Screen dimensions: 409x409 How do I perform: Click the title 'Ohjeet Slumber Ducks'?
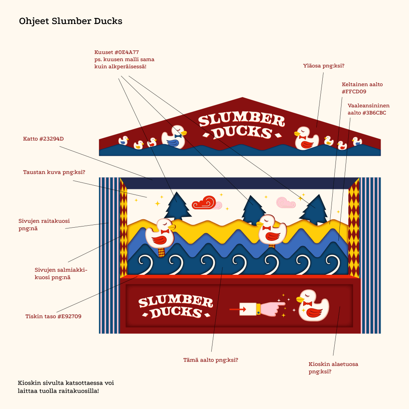pos(71,21)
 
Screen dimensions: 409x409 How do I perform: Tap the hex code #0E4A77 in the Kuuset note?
pos(127,52)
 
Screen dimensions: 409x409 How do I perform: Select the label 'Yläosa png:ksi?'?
pos(324,66)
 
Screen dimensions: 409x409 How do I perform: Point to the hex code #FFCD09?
pos(354,91)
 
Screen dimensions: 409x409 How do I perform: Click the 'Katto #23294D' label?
pos(43,139)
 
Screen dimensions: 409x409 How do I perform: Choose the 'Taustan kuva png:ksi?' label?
pos(54,172)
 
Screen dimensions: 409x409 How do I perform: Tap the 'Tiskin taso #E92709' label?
pos(53,316)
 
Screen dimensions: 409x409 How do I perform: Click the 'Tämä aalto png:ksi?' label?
pos(211,360)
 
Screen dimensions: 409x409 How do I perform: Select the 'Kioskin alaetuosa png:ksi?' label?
pos(334,367)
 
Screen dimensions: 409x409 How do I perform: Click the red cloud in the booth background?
pos(204,203)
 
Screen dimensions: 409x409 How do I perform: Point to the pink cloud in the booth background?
pos(286,203)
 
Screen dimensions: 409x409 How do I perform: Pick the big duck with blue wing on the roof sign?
pos(174,137)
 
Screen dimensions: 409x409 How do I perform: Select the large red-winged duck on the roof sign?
pos(306,138)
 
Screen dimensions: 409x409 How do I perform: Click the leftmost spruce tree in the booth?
pos(177,206)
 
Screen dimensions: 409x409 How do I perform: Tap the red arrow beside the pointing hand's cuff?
pos(238,310)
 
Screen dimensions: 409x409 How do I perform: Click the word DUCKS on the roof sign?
pos(242,132)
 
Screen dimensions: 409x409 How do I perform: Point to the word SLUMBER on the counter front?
pos(176,301)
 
